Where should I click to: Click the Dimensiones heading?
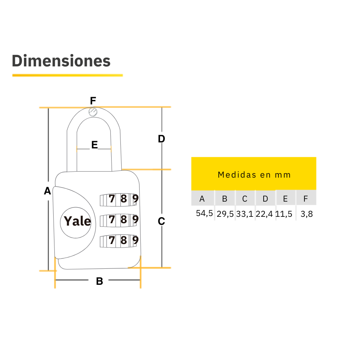pyautogui.click(x=61, y=61)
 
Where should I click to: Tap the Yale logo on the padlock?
pyautogui.click(x=77, y=221)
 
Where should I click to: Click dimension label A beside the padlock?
pyautogui.click(x=48, y=191)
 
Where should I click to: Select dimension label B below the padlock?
pyautogui.click(x=100, y=281)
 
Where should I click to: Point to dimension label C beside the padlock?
pyautogui.click(x=161, y=221)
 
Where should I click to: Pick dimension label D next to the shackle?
pyautogui.click(x=161, y=139)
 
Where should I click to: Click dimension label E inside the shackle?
pyautogui.click(x=94, y=145)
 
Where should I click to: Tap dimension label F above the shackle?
pyautogui.click(x=93, y=100)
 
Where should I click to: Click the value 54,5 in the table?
pyautogui.click(x=204, y=213)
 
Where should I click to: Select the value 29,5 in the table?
pyautogui.click(x=225, y=214)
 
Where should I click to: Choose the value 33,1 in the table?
pyautogui.click(x=244, y=214)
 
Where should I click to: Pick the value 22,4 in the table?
pyautogui.click(x=264, y=214)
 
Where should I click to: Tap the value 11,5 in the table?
pyautogui.click(x=284, y=214)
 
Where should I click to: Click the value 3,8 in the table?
pyautogui.click(x=306, y=214)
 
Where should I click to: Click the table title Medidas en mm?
pyautogui.click(x=254, y=175)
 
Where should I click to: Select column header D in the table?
pyautogui.click(x=265, y=199)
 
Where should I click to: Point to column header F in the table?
pyautogui.click(x=306, y=199)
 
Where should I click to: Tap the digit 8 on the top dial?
pyautogui.click(x=124, y=198)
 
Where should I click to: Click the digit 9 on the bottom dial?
pyautogui.click(x=136, y=240)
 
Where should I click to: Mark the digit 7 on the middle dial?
pyautogui.click(x=112, y=219)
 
